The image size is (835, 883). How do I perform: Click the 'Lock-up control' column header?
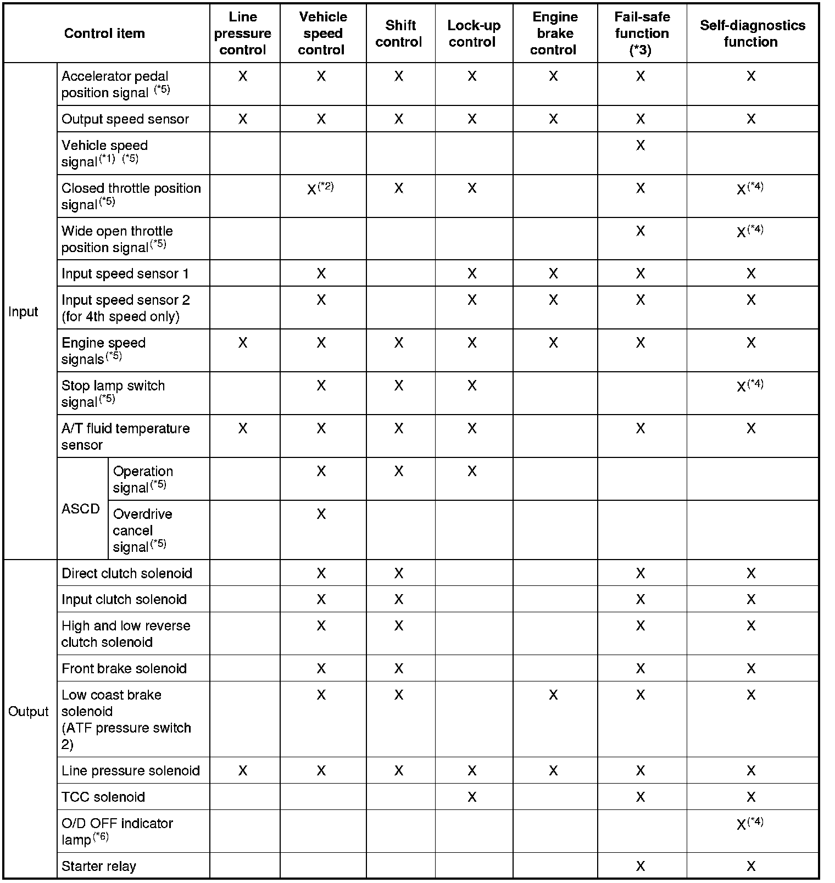click(474, 33)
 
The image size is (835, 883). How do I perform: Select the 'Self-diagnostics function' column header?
click(752, 33)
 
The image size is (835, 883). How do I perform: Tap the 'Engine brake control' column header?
click(554, 33)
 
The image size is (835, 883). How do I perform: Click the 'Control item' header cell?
click(104, 33)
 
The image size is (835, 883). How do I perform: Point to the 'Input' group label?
click(24, 312)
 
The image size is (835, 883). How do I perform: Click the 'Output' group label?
click(28, 712)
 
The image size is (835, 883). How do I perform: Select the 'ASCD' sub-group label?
click(81, 508)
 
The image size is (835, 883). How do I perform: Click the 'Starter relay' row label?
click(99, 867)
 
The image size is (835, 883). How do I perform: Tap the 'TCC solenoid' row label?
click(103, 797)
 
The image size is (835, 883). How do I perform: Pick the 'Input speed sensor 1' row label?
click(125, 274)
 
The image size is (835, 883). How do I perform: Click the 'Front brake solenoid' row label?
click(124, 669)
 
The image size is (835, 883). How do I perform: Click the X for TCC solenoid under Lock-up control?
click(472, 797)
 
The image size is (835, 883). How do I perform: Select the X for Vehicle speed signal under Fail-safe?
click(641, 146)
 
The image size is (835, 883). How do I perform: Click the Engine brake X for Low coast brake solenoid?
click(553, 695)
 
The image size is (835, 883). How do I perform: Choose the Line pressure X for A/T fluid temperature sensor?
click(242, 428)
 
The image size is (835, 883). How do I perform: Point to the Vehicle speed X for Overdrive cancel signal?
click(321, 514)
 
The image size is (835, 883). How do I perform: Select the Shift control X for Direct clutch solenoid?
click(399, 574)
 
